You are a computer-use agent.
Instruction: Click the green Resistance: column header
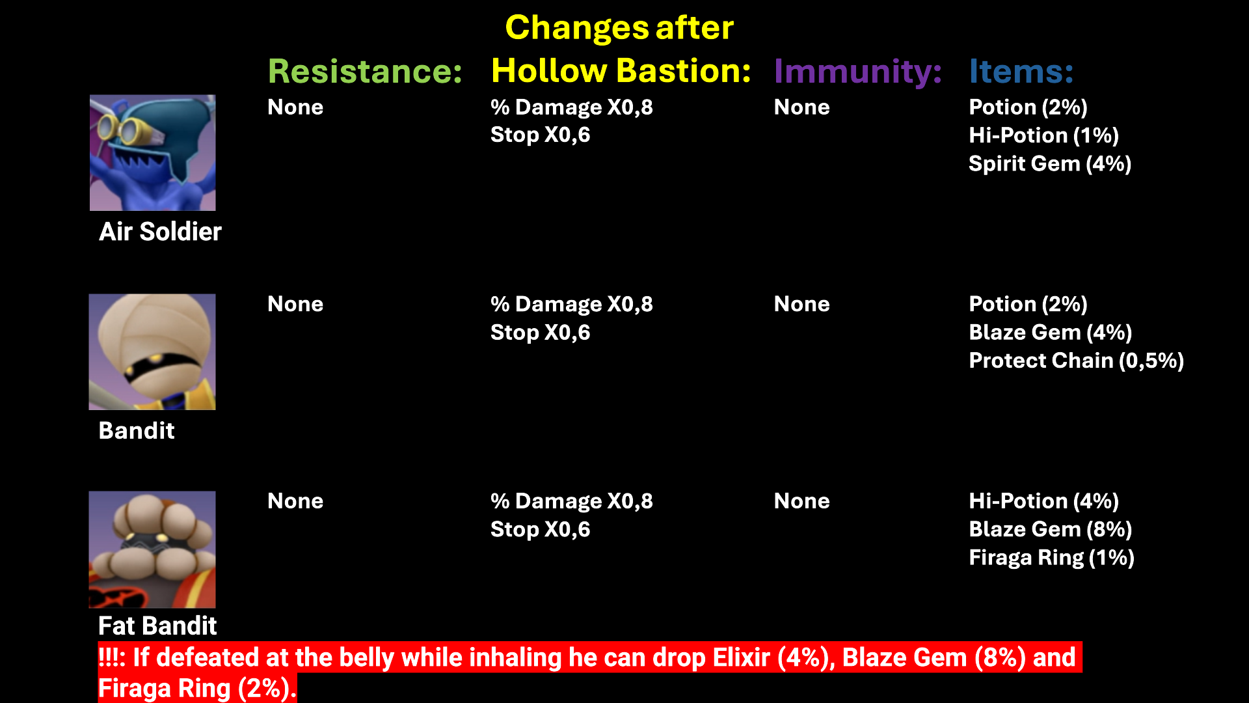tap(365, 71)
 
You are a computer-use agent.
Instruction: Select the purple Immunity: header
tap(858, 71)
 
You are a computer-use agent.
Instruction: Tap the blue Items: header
tap(1021, 71)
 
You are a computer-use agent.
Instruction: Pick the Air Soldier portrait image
tap(153, 153)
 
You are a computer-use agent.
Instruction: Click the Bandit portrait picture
tap(152, 352)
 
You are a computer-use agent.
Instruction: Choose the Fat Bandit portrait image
tap(152, 549)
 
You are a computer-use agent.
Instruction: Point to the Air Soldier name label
tap(160, 232)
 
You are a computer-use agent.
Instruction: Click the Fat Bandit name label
tap(157, 626)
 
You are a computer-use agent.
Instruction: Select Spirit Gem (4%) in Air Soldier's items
tap(1050, 163)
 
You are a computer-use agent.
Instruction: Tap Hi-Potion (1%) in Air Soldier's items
tap(1043, 135)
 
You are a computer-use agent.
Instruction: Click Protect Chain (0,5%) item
tap(1076, 361)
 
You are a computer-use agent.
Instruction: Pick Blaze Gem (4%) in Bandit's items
tap(1050, 333)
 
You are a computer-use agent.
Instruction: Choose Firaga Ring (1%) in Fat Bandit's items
tap(1051, 558)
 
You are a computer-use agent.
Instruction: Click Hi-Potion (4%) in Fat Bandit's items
tap(1043, 501)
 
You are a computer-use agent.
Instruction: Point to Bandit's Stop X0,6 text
tap(541, 333)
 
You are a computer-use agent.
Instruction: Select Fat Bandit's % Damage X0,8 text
tap(572, 501)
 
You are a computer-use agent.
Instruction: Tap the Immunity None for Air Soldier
tap(801, 107)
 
